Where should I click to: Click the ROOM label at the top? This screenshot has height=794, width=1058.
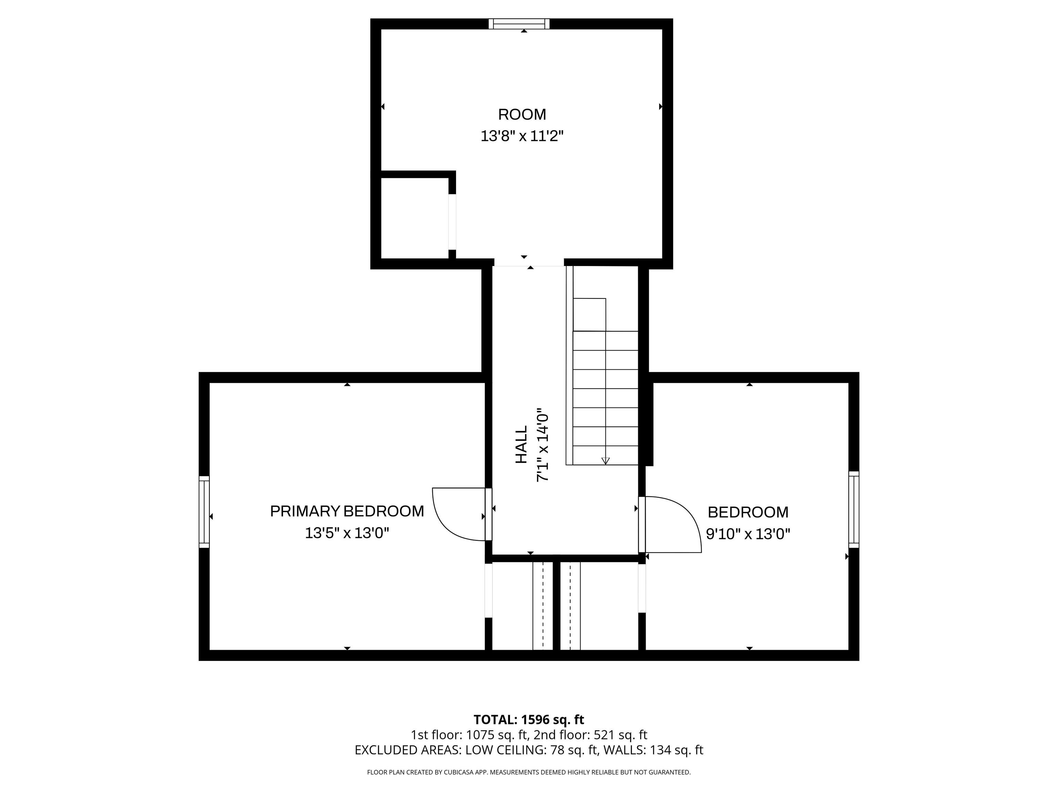tap(522, 114)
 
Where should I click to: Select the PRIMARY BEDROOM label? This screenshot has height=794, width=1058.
tap(347, 511)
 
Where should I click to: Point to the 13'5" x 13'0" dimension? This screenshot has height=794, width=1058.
tap(347, 533)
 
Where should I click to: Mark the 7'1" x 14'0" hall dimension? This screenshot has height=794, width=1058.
tap(542, 445)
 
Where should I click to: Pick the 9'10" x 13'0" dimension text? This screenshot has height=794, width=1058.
tap(748, 533)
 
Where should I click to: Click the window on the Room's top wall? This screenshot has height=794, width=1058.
tap(519, 23)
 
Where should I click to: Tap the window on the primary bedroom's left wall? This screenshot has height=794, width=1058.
tap(204, 512)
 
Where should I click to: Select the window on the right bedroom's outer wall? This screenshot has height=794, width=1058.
tap(854, 509)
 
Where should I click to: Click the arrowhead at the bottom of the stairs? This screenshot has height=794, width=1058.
tap(605, 461)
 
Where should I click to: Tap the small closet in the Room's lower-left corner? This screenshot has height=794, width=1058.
tap(414, 218)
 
